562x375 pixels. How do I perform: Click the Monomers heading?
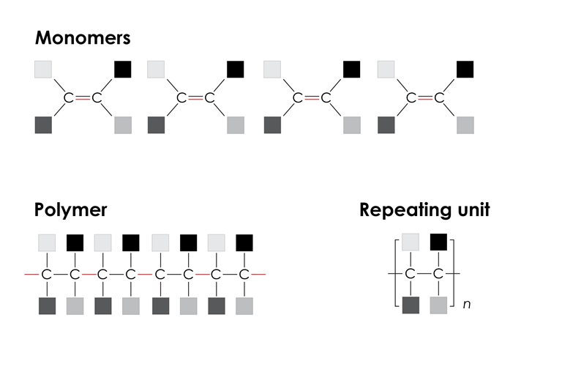pyautogui.click(x=82, y=37)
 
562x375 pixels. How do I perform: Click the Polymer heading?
pyautogui.click(x=70, y=210)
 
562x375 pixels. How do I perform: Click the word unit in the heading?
pyautogui.click(x=473, y=210)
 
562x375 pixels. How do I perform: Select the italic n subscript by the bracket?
pyautogui.click(x=466, y=303)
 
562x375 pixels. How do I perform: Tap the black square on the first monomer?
pyautogui.click(x=122, y=69)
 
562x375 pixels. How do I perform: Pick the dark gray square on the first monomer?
pyautogui.click(x=43, y=125)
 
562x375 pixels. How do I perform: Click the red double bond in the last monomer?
pyautogui.click(x=426, y=97)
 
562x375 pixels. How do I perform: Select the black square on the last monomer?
pyautogui.click(x=465, y=69)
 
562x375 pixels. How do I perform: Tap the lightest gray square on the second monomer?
pyautogui.click(x=156, y=69)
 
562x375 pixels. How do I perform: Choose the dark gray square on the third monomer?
pyautogui.click(x=272, y=125)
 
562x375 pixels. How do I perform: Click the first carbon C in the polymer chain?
pyautogui.click(x=46, y=275)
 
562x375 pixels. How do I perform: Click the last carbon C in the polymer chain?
pyautogui.click(x=244, y=275)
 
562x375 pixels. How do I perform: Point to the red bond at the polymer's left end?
pyautogui.click(x=30, y=275)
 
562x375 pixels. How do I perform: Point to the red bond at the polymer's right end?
pyautogui.click(x=260, y=275)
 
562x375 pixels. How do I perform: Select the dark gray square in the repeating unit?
pyautogui.click(x=411, y=305)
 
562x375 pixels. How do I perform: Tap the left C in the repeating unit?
pyautogui.click(x=411, y=274)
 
